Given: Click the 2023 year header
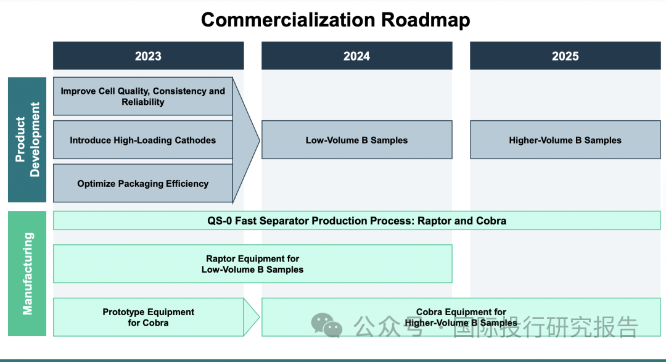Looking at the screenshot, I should [x=148, y=56].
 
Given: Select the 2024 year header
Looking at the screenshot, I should [x=356, y=56].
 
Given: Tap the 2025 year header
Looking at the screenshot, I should [x=565, y=56].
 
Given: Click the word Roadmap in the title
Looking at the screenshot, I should [x=425, y=20].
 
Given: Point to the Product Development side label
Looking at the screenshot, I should [x=27, y=139].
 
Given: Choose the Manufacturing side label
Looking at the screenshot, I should [x=27, y=273].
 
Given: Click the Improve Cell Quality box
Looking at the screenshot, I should [x=142, y=96].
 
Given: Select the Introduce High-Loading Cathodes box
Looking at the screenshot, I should [x=142, y=140].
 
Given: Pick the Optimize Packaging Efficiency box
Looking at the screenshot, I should [x=142, y=183].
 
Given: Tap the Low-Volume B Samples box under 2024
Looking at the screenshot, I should [x=356, y=140].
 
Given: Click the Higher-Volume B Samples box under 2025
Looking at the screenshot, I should [x=565, y=140].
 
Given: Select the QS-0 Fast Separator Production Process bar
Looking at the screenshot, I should [x=356, y=221].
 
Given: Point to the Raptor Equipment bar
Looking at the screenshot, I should [x=252, y=264].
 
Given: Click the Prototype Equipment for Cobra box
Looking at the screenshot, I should [x=148, y=317].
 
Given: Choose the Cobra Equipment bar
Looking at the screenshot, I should [x=461, y=317].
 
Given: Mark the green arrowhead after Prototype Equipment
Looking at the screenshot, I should [x=252, y=317].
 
